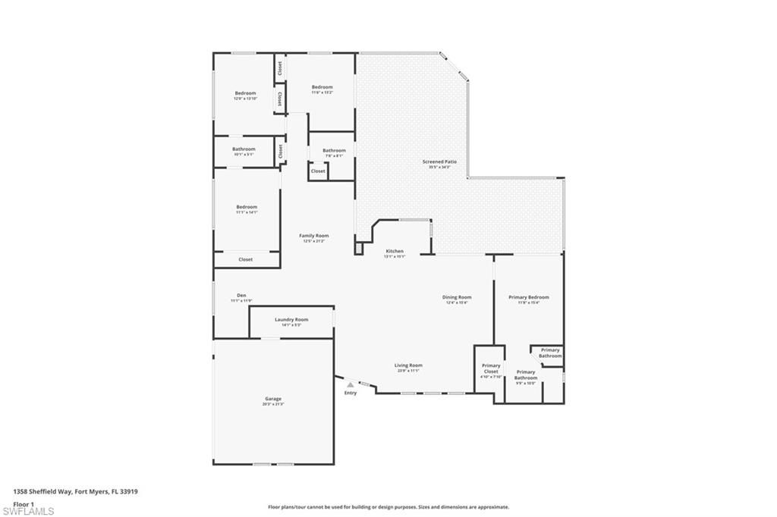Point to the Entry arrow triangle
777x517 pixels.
coord(350,385)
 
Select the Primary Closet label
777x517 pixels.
coord(491,368)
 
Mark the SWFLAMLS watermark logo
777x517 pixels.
coord(28,510)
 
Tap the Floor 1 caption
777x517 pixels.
coord(24,503)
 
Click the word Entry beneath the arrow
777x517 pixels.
coord(350,393)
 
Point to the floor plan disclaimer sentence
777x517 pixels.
coord(388,507)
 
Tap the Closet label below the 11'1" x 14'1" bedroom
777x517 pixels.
coord(246,259)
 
